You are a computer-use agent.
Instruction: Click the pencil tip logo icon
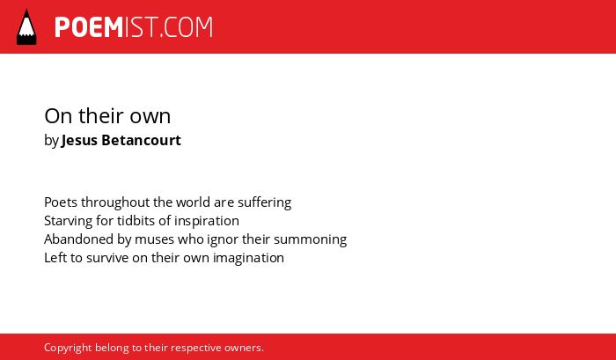pos(26,26)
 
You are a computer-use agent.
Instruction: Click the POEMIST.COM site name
pos(134,27)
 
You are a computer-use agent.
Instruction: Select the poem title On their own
pos(107,116)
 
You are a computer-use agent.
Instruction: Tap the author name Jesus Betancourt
pos(121,140)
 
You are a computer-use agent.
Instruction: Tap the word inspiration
pos(207,221)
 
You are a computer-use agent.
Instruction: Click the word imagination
pos(248,258)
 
